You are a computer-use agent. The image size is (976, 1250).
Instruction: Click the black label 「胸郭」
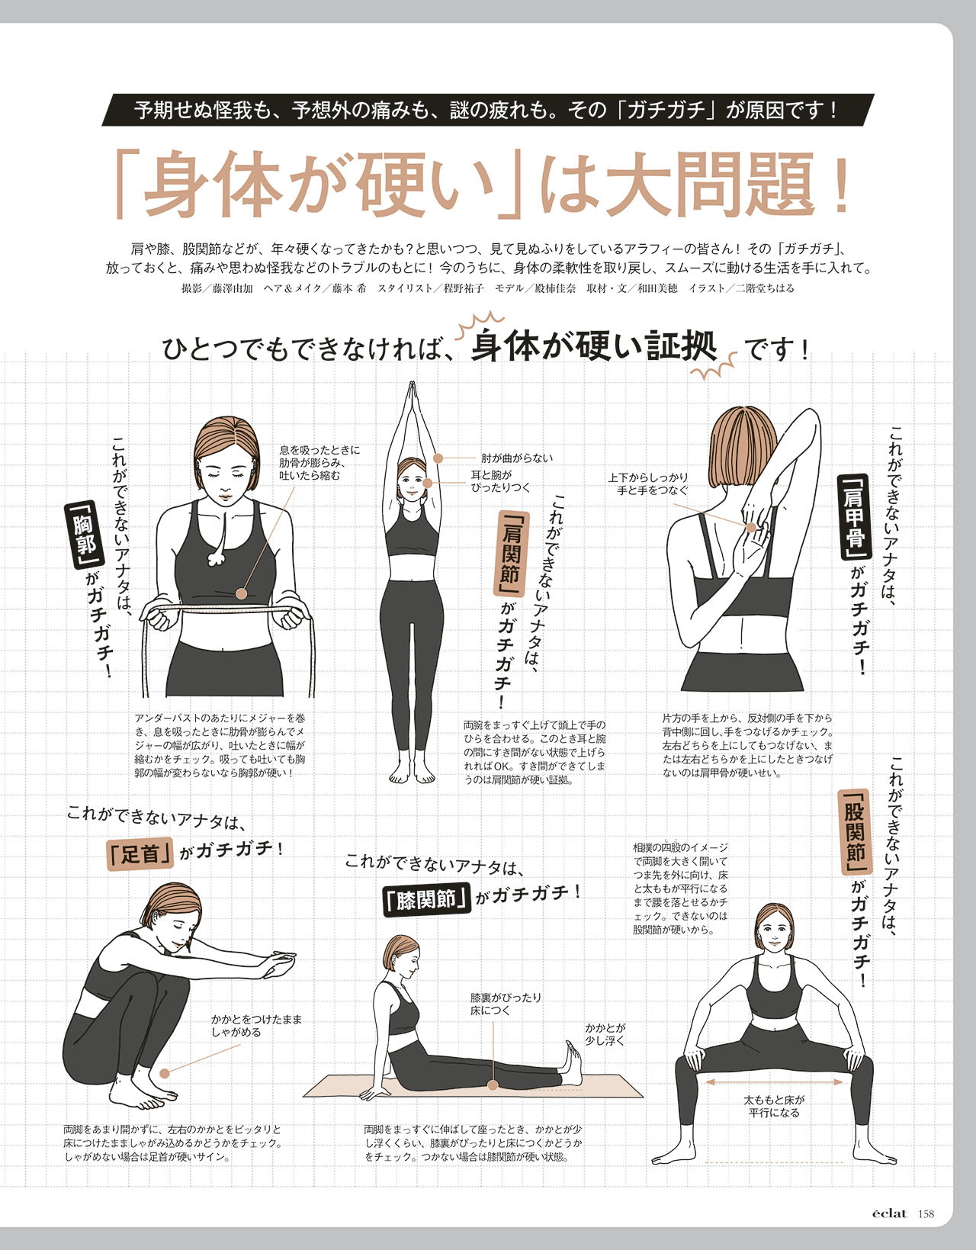click(85, 535)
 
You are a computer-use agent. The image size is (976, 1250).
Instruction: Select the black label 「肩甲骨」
click(856, 516)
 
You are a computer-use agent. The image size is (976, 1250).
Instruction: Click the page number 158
click(926, 1213)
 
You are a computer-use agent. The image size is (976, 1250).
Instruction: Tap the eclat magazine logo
click(889, 1213)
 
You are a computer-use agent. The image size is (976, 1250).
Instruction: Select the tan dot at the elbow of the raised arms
click(438, 458)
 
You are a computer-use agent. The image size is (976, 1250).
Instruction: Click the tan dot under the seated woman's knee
click(493, 1085)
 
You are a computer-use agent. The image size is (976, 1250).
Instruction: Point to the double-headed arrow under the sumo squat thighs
click(774, 1082)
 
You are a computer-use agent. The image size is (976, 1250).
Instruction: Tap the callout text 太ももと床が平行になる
click(774, 1106)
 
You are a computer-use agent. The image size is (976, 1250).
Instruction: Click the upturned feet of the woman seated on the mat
click(572, 1062)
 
